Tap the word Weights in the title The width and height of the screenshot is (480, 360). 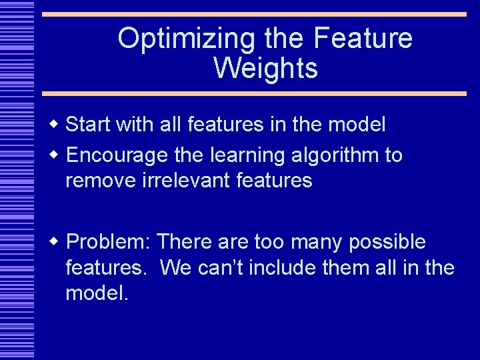click(x=265, y=68)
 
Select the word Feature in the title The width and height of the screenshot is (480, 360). click(x=363, y=39)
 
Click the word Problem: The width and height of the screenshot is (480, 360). click(x=108, y=242)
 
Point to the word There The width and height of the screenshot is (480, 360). click(x=181, y=242)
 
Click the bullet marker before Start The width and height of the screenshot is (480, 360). click(x=55, y=125)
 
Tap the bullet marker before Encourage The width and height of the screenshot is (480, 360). click(x=55, y=156)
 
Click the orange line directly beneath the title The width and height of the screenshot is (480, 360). click(x=253, y=93)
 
